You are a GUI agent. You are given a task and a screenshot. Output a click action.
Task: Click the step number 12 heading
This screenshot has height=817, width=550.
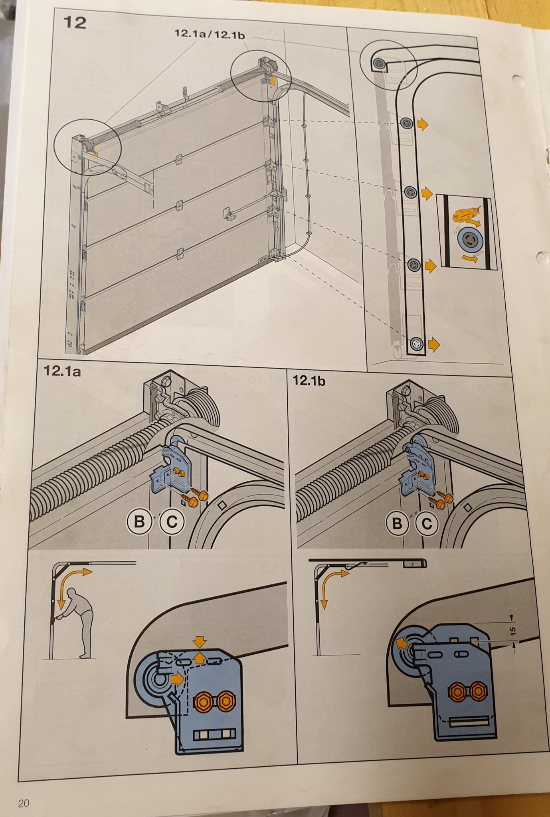tap(75, 23)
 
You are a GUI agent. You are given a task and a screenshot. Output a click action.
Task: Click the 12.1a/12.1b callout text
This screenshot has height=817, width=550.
tap(210, 34)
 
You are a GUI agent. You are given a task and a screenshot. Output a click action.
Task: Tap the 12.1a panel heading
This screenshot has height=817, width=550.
tap(62, 371)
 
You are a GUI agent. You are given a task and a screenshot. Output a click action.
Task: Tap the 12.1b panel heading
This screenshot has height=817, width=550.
tap(309, 380)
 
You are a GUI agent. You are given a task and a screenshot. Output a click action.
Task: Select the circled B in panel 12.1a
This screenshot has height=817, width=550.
tap(139, 521)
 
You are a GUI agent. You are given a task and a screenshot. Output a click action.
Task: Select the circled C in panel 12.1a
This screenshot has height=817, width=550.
tap(172, 522)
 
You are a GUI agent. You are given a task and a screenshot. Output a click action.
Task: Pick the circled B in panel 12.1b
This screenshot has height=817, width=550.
tap(398, 523)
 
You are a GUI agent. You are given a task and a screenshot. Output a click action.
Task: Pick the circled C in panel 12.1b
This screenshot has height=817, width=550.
tap(427, 523)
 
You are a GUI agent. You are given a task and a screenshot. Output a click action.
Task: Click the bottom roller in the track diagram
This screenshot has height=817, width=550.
tap(417, 343)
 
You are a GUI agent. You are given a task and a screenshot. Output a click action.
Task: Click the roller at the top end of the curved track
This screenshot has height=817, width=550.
tap(378, 62)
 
